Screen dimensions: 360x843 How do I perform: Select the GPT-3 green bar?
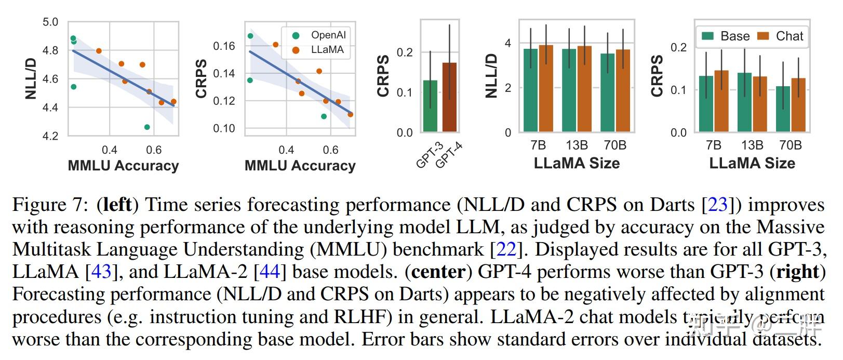[x=430, y=106]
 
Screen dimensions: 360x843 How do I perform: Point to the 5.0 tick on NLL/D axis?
[x=50, y=22]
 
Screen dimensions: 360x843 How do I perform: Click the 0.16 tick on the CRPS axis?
[x=224, y=46]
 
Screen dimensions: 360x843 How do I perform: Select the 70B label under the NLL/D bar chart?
[x=614, y=145]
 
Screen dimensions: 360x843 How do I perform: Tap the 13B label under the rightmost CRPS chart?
[x=752, y=145]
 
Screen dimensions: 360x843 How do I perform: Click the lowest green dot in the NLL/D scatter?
[x=147, y=127]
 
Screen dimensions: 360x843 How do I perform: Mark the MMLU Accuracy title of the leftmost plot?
[x=123, y=166]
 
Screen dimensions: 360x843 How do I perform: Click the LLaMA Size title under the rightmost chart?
[x=752, y=163]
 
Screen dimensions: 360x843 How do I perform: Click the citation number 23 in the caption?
[x=717, y=205]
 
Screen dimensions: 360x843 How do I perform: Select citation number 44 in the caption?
[x=270, y=272]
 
